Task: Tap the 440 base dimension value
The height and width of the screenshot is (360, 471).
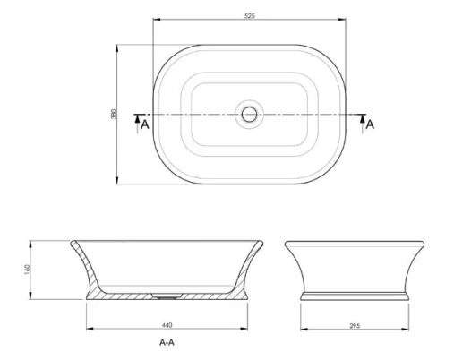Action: tap(167, 324)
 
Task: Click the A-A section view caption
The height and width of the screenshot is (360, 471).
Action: tap(166, 342)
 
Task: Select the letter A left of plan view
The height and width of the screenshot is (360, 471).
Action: tap(144, 124)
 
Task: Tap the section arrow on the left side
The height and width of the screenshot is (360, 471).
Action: tap(136, 116)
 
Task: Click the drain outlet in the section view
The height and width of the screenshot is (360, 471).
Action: tap(168, 293)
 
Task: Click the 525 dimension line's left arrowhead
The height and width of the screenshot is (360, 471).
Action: tap(155, 20)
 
